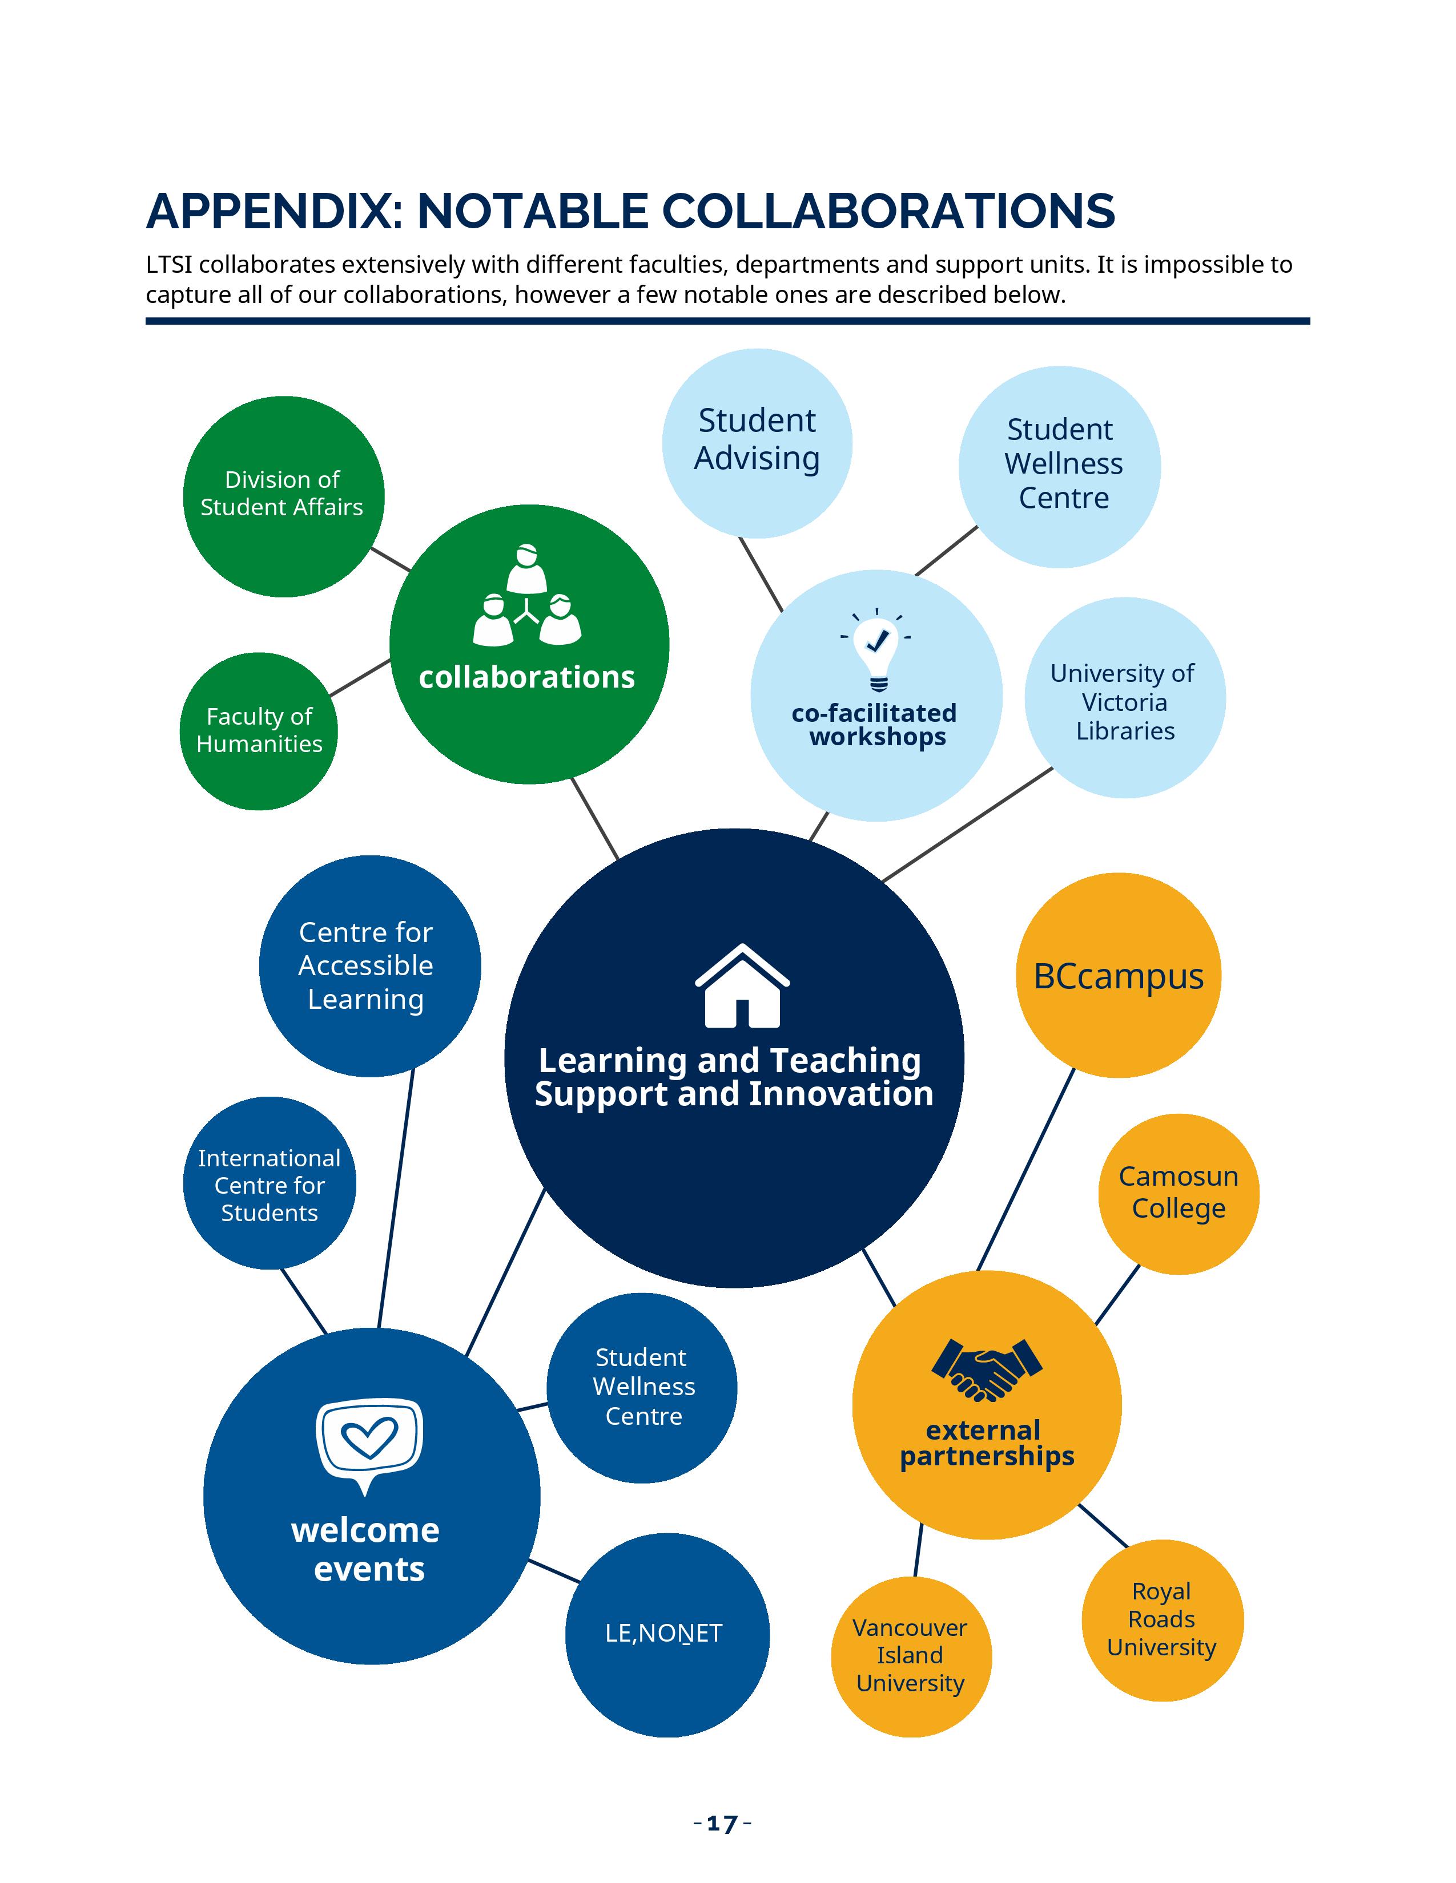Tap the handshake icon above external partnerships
pos(987,1368)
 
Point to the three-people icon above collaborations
pos(527,595)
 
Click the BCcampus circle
pos(1118,975)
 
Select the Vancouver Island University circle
pos(911,1655)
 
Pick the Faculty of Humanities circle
pos(259,730)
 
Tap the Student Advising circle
pos(757,442)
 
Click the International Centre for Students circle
pos(269,1184)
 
